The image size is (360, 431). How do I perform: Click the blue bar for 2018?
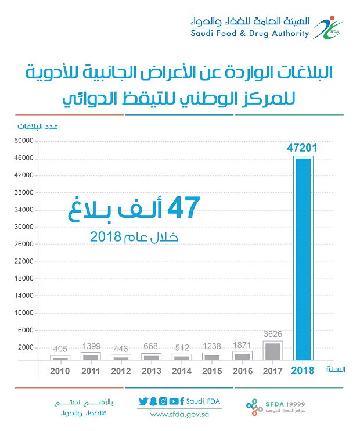point(303,258)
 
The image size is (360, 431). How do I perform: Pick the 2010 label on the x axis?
point(61,370)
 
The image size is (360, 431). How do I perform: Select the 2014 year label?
point(182,370)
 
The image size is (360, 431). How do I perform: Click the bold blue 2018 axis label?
point(303,370)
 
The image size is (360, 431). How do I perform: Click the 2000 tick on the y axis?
point(26,347)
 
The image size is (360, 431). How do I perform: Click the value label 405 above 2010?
point(61,349)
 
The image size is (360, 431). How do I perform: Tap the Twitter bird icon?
point(143,401)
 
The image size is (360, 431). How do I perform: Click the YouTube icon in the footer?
point(173,401)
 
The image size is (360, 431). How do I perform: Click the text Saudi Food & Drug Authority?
point(250,33)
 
